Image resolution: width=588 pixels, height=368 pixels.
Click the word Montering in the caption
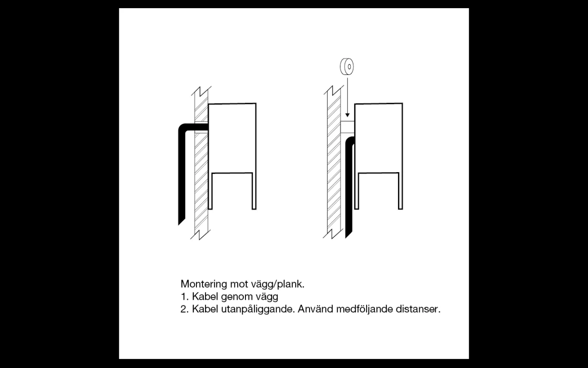click(x=204, y=284)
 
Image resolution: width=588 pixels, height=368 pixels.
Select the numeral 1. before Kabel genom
click(x=185, y=296)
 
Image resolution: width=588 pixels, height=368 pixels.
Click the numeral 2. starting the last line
click(x=185, y=309)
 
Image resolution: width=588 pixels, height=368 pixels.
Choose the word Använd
click(x=316, y=309)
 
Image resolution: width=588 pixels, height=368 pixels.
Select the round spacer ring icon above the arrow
click(x=347, y=67)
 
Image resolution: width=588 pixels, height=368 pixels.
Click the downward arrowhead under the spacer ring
click(x=347, y=115)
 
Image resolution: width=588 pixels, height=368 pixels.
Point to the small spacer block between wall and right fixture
click(x=347, y=127)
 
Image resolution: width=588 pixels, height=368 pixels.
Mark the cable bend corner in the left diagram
click(x=183, y=128)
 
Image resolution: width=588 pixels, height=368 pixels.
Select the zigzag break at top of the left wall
click(x=201, y=91)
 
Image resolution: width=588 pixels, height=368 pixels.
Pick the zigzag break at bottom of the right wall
click(x=333, y=233)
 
